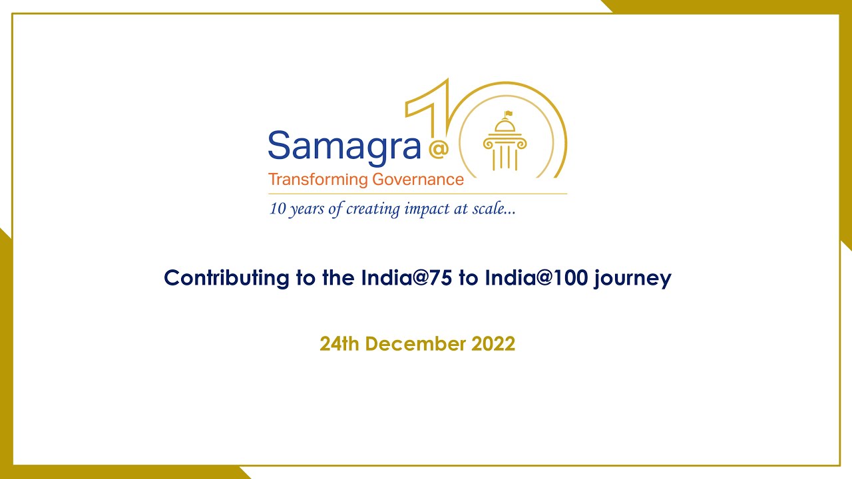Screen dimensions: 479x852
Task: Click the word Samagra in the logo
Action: point(344,146)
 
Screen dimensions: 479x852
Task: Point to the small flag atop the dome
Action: point(509,114)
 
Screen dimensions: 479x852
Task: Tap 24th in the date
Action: point(339,344)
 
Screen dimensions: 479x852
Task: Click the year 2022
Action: point(493,344)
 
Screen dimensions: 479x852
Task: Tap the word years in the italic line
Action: point(308,210)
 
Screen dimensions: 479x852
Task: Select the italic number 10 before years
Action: point(277,209)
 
